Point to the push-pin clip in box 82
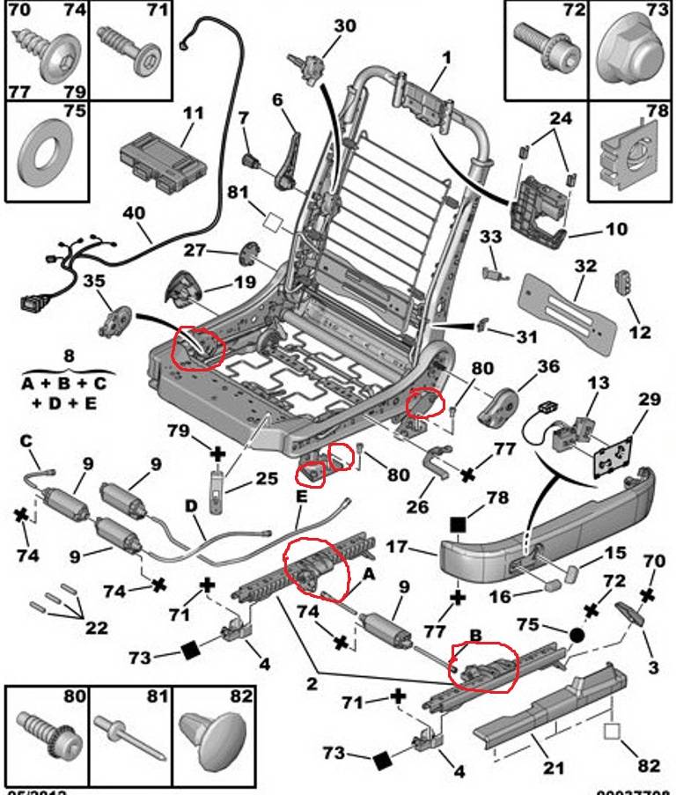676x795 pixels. (x=217, y=740)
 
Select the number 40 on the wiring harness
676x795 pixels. (x=133, y=213)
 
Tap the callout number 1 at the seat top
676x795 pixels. (x=446, y=59)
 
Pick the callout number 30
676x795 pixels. (x=344, y=26)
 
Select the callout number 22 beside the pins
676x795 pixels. (x=97, y=628)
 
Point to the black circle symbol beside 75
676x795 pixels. (x=577, y=634)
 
